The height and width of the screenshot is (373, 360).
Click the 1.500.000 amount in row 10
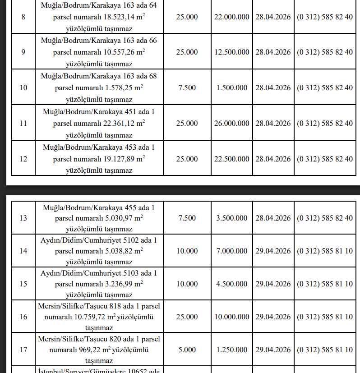click(x=232, y=87)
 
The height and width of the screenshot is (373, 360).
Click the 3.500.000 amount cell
click(x=232, y=218)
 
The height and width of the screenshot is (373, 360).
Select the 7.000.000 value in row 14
click(x=232, y=251)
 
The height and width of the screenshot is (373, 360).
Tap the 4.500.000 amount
click(x=232, y=284)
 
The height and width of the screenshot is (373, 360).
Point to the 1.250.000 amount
click(x=232, y=350)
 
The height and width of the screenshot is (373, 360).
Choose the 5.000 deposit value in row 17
click(x=187, y=350)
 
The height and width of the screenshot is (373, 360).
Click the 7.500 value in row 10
click(x=187, y=87)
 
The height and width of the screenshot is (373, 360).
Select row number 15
click(x=23, y=284)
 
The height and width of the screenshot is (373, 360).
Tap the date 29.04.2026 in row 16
click(x=273, y=317)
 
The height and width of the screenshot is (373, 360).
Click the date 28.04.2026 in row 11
click(x=273, y=123)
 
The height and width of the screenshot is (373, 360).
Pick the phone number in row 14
click(x=325, y=251)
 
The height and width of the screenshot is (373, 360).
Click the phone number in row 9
click(x=325, y=52)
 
